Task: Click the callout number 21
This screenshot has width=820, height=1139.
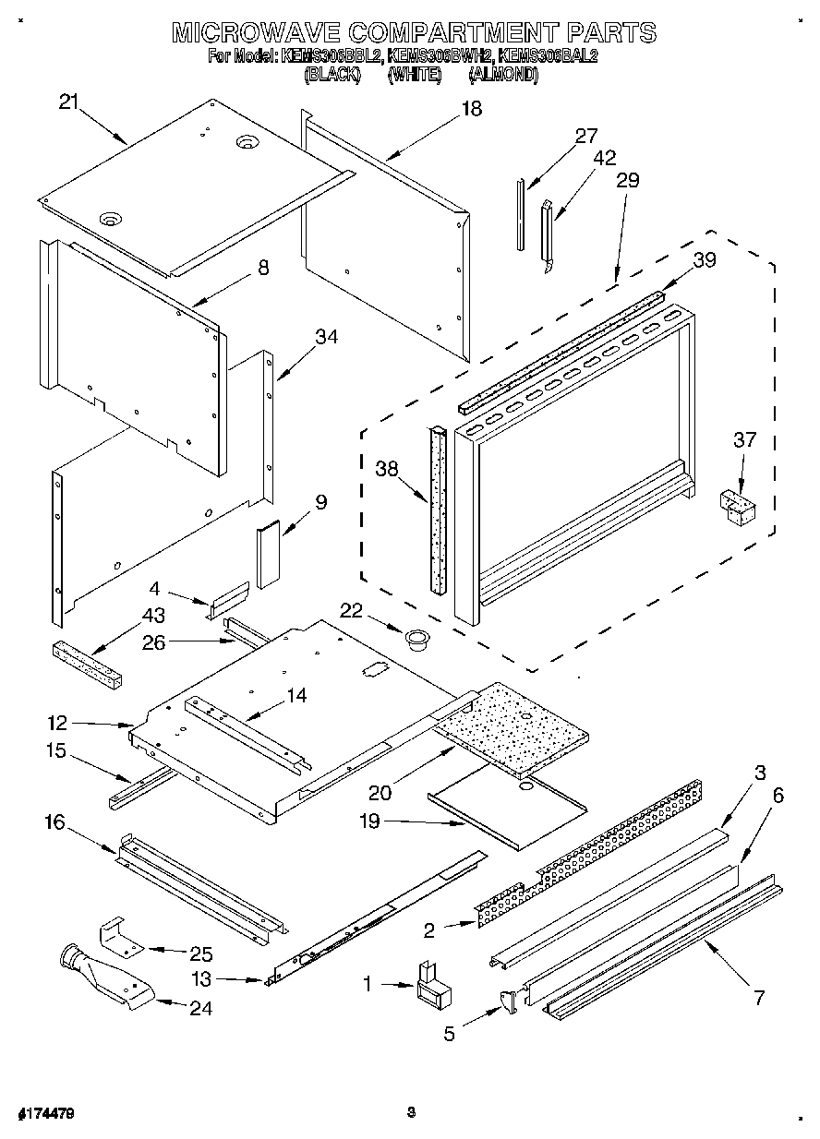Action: pyautogui.click(x=69, y=102)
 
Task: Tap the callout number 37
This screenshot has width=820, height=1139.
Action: pyautogui.click(x=745, y=440)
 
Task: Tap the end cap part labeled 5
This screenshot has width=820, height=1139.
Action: pyautogui.click(x=509, y=1001)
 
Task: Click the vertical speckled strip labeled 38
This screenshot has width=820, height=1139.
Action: pyautogui.click(x=437, y=510)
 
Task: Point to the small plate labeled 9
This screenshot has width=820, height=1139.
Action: pyautogui.click(x=269, y=554)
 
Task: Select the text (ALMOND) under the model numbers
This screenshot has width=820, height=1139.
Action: pyautogui.click(x=503, y=76)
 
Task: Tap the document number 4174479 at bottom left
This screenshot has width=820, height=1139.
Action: pyautogui.click(x=45, y=1114)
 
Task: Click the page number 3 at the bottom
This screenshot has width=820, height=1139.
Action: pyautogui.click(x=410, y=1113)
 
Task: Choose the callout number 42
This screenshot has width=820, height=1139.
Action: pyautogui.click(x=604, y=158)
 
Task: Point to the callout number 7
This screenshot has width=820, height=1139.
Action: pyautogui.click(x=758, y=997)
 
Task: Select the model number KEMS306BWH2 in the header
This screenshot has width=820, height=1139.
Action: pyautogui.click(x=427, y=56)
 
